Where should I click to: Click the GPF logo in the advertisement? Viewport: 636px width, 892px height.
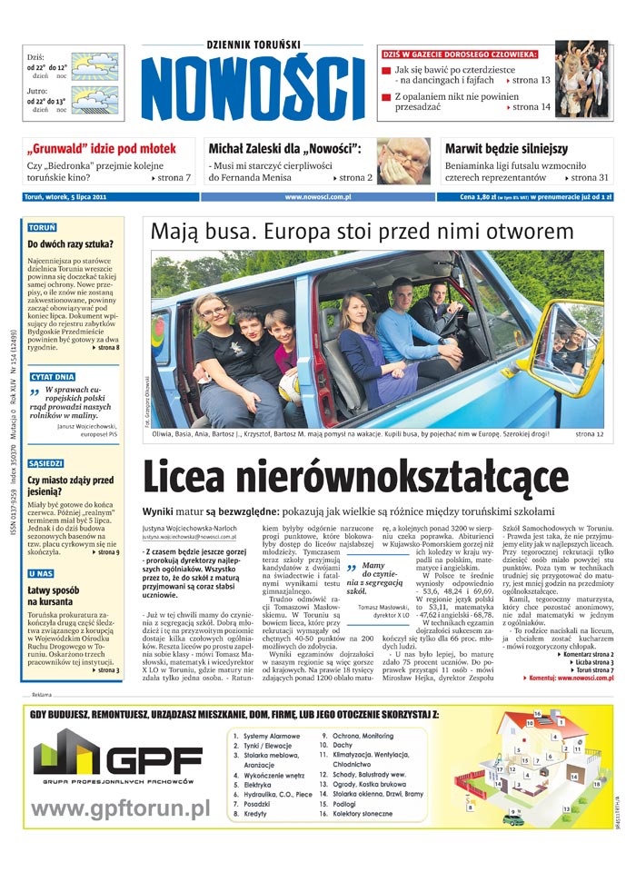[117, 759]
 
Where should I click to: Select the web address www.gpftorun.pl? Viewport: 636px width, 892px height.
[121, 808]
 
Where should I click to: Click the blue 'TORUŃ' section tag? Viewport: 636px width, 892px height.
[43, 227]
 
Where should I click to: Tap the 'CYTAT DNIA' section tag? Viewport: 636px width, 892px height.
[52, 376]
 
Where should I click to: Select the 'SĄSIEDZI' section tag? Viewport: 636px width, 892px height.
[45, 462]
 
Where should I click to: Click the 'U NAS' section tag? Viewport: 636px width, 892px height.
[41, 573]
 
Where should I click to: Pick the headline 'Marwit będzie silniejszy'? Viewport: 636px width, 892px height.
[506, 148]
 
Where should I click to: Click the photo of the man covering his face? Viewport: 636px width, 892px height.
[403, 161]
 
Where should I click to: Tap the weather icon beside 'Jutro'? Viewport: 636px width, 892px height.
[95, 100]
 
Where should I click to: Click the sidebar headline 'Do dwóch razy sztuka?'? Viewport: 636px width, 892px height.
[70, 244]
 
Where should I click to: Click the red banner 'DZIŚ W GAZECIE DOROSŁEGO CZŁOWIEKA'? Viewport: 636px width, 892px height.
[460, 55]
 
